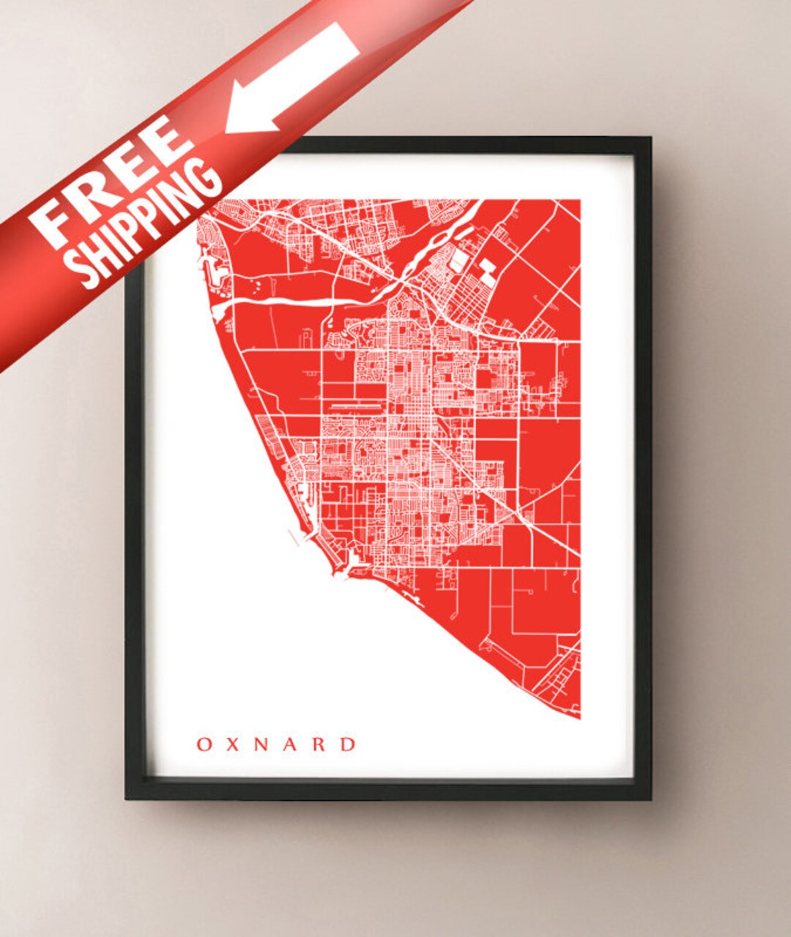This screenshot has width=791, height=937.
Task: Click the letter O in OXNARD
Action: [x=204, y=744]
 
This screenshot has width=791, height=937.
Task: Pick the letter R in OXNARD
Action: [x=320, y=744]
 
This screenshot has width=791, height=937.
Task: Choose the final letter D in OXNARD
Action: [x=349, y=744]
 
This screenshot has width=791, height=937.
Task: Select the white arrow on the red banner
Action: [x=293, y=77]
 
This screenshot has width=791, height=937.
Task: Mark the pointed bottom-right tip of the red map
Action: [x=579, y=717]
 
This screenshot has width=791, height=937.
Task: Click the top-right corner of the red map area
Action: [x=579, y=201]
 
